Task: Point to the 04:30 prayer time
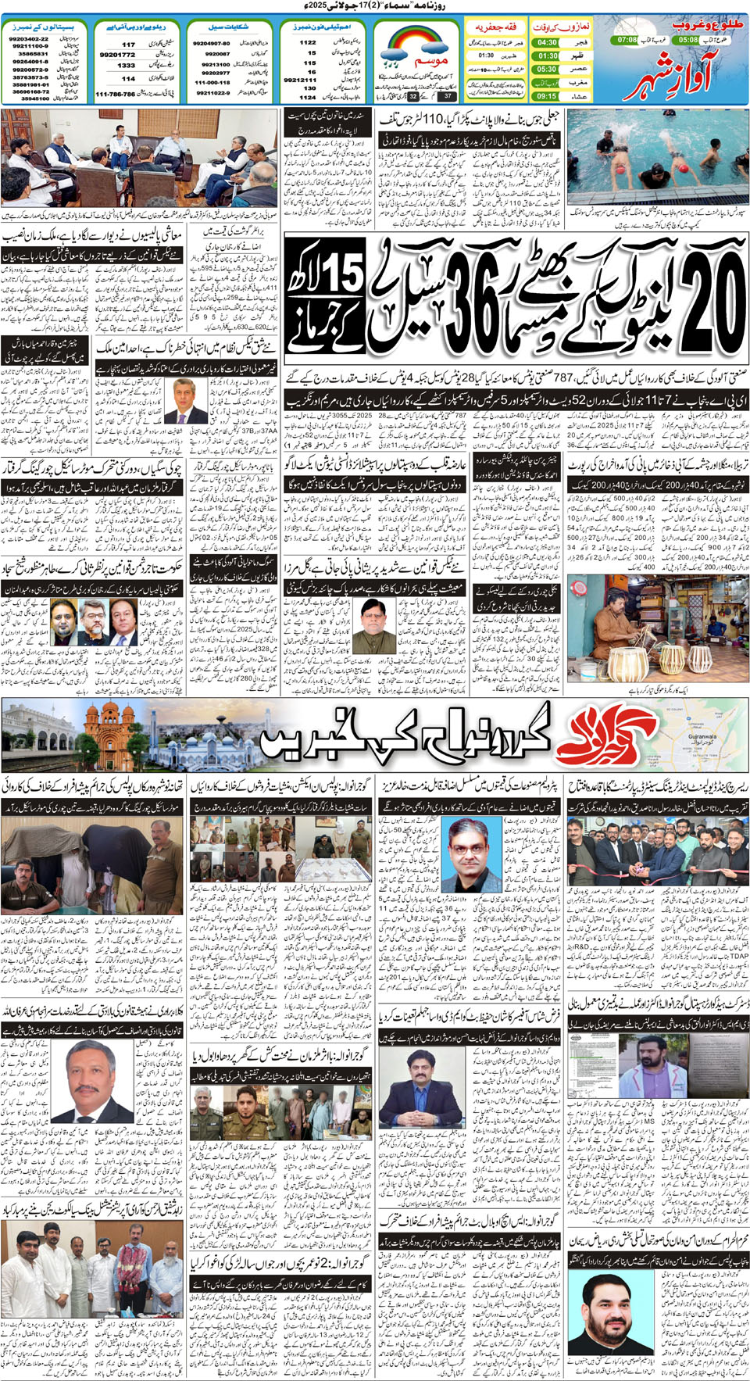click(547, 42)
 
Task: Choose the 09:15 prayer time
click(547, 96)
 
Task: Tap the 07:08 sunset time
click(627, 39)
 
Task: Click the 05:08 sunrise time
click(688, 39)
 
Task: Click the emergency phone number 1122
click(308, 42)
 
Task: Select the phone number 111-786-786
click(115, 94)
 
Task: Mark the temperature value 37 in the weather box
click(448, 96)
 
